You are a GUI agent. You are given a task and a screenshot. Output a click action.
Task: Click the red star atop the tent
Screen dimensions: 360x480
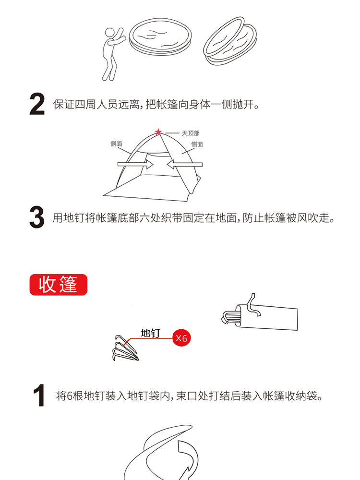pyautogui.click(x=158, y=132)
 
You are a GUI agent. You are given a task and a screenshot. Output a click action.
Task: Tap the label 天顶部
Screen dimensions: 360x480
pyautogui.click(x=191, y=133)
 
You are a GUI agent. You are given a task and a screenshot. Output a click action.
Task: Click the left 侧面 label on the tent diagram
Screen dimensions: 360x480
pyautogui.click(x=116, y=144)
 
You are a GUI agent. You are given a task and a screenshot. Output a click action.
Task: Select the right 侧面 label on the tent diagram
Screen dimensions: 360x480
pyautogui.click(x=197, y=144)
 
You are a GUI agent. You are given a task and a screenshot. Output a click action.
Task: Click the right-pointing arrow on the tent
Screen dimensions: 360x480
pyautogui.click(x=135, y=164)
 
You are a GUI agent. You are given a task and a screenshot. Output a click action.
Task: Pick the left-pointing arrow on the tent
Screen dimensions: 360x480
pyautogui.click(x=185, y=164)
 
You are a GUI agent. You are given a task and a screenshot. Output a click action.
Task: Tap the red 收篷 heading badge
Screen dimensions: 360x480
pyautogui.click(x=59, y=285)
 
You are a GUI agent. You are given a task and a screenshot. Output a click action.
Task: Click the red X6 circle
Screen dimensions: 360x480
pyautogui.click(x=181, y=338)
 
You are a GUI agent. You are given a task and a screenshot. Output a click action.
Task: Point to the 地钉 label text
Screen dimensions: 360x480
pyautogui.click(x=150, y=333)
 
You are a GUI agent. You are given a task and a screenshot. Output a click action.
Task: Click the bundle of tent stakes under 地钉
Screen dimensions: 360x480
pyautogui.click(x=125, y=348)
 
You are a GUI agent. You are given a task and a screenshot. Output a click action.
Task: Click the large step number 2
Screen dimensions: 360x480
pyautogui.click(x=37, y=104)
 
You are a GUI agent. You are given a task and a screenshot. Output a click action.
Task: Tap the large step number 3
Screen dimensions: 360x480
pyautogui.click(x=37, y=217)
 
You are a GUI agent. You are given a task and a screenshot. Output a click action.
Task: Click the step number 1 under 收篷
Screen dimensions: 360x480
pyautogui.click(x=39, y=396)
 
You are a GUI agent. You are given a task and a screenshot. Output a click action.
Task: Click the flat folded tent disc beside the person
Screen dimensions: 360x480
pyautogui.click(x=160, y=36)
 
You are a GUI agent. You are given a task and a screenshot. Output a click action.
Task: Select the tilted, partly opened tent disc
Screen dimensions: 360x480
pyautogui.click(x=230, y=41)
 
